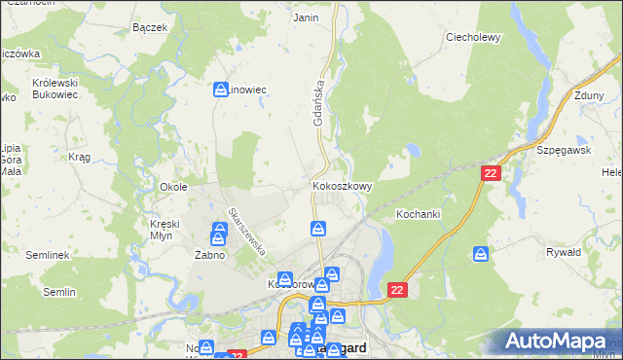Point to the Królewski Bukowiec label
(x=55, y=90)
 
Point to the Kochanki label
(x=420, y=212)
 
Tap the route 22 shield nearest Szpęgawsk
(x=492, y=172)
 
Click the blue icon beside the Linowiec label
(x=221, y=90)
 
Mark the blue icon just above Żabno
(x=218, y=234)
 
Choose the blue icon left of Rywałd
(x=481, y=254)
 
